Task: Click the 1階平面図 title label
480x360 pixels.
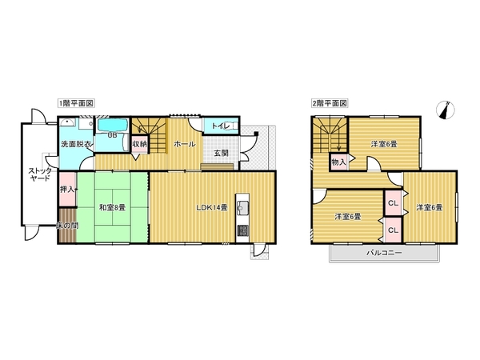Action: pyautogui.click(x=76, y=103)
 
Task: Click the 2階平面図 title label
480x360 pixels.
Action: pyautogui.click(x=330, y=103)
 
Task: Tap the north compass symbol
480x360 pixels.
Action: pyautogui.click(x=446, y=110)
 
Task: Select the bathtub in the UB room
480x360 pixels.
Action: pyautogui.click(x=112, y=126)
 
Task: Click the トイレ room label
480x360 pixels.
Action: pyautogui.click(x=219, y=126)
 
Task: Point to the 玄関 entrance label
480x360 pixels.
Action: pyautogui.click(x=221, y=154)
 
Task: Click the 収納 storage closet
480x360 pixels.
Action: pyautogui.click(x=140, y=144)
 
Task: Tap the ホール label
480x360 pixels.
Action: pyautogui.click(x=185, y=144)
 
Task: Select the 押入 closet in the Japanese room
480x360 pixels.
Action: pyautogui.click(x=67, y=189)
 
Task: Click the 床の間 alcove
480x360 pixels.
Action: pyautogui.click(x=67, y=226)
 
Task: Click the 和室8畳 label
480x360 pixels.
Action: pyautogui.click(x=112, y=207)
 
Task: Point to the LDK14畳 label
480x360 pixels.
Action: pyautogui.click(x=212, y=207)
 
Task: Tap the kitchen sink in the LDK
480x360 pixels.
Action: pyautogui.click(x=243, y=208)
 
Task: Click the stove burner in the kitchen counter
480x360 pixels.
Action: pyautogui.click(x=243, y=230)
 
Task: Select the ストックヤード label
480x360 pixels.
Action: pyautogui.click(x=40, y=174)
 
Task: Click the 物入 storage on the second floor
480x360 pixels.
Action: pyautogui.click(x=339, y=162)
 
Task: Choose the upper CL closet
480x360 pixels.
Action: pyautogui.click(x=393, y=202)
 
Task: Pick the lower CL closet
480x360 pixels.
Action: pyautogui.click(x=393, y=230)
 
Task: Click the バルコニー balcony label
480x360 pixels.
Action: pyautogui.click(x=384, y=253)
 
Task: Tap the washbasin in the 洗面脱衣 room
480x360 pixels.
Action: pyautogui.click(x=67, y=123)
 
